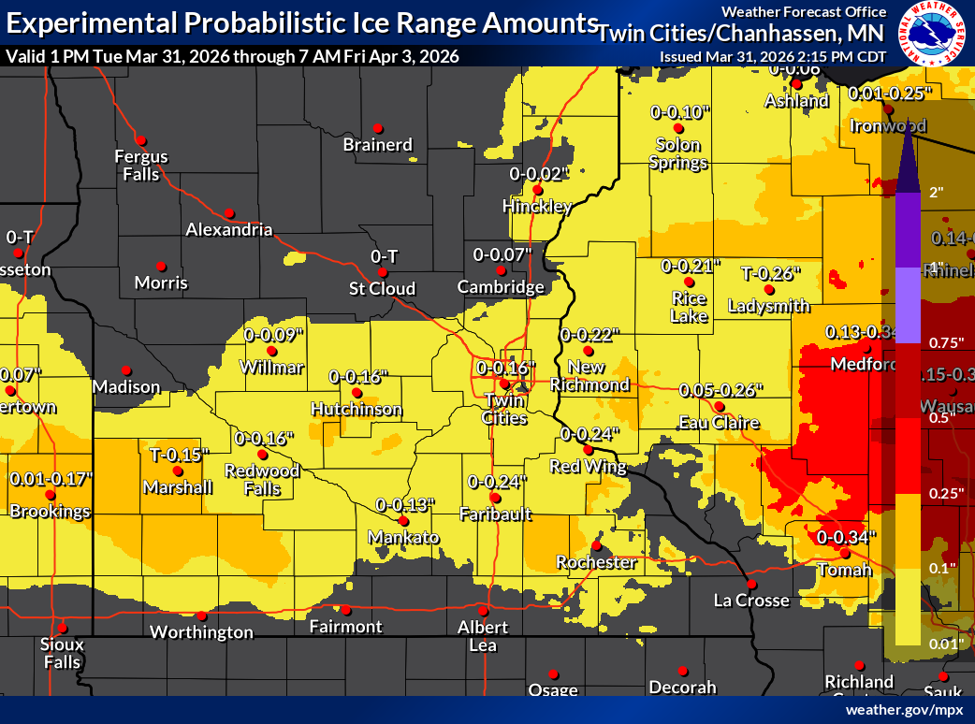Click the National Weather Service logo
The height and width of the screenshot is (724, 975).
pos(932,35)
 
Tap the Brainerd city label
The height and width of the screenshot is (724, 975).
pos(378,145)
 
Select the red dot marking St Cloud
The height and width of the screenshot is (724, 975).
pos(382,272)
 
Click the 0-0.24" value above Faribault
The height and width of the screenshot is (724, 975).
pos(496,482)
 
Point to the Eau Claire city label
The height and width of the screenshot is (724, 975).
pos(719,424)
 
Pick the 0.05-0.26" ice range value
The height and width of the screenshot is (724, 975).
pos(720,389)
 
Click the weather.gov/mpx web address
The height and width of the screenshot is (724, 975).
pos(904,711)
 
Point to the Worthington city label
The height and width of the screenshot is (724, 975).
pos(202,632)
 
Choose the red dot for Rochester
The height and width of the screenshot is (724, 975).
pos(596,545)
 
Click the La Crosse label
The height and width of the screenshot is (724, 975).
pos(751,601)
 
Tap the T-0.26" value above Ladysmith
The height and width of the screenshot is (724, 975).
pos(771,274)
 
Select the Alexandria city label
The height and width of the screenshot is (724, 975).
pos(229,230)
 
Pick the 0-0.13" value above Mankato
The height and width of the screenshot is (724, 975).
pos(405,505)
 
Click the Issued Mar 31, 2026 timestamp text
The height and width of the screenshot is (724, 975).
pos(773,56)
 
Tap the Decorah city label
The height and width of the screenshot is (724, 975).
pos(682,688)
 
